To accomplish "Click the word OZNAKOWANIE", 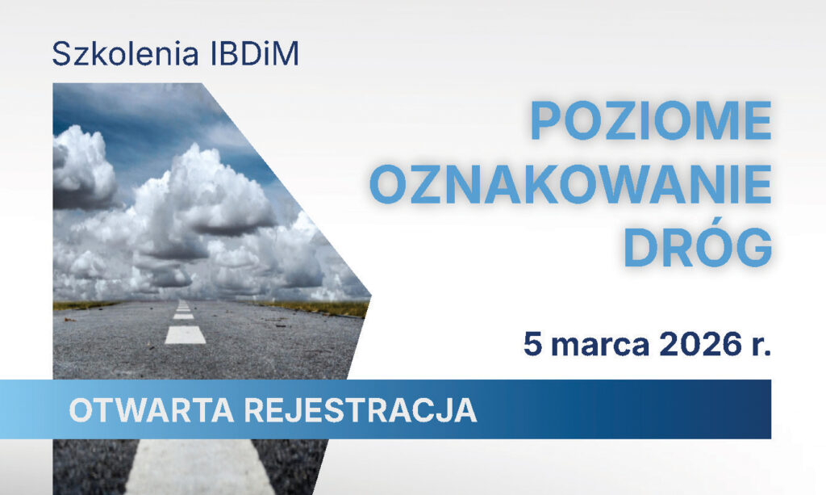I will tap(570, 186).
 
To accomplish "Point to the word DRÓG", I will tap(697, 248).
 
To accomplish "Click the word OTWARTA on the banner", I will tap(149, 410).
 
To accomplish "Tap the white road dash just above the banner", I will tap(185, 334).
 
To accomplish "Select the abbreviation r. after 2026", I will tap(759, 345).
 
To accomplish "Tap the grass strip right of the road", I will tap(323, 308).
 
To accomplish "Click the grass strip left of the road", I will tap(81, 305).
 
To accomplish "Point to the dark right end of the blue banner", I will tap(750, 409).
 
